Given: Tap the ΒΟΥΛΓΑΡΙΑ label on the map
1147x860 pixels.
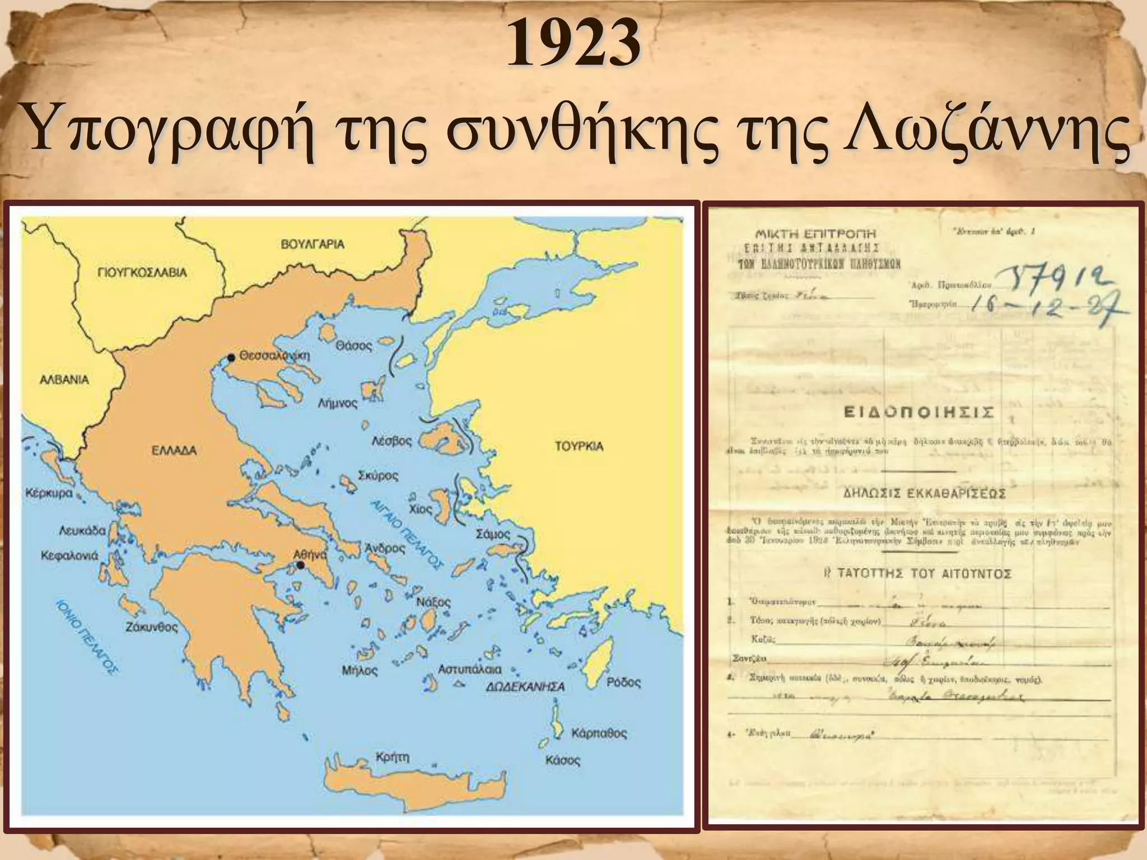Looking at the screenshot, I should pos(313,244).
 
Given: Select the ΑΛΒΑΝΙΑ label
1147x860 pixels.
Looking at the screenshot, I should pos(64,380).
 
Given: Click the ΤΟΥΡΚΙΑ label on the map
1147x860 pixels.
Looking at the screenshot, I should pos(579,446).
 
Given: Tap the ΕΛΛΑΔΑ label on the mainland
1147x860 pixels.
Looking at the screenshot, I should pos(174,450).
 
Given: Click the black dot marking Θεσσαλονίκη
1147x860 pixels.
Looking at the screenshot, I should pos(231,357).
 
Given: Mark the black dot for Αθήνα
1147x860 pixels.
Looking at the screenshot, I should pos(301,565).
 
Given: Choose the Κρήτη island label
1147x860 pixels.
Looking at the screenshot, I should pos(393,757).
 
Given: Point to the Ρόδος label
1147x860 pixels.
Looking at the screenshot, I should pos(624,683).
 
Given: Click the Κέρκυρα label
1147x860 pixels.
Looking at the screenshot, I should pos(49,494).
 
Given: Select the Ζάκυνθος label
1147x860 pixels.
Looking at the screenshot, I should pos(151,628).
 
